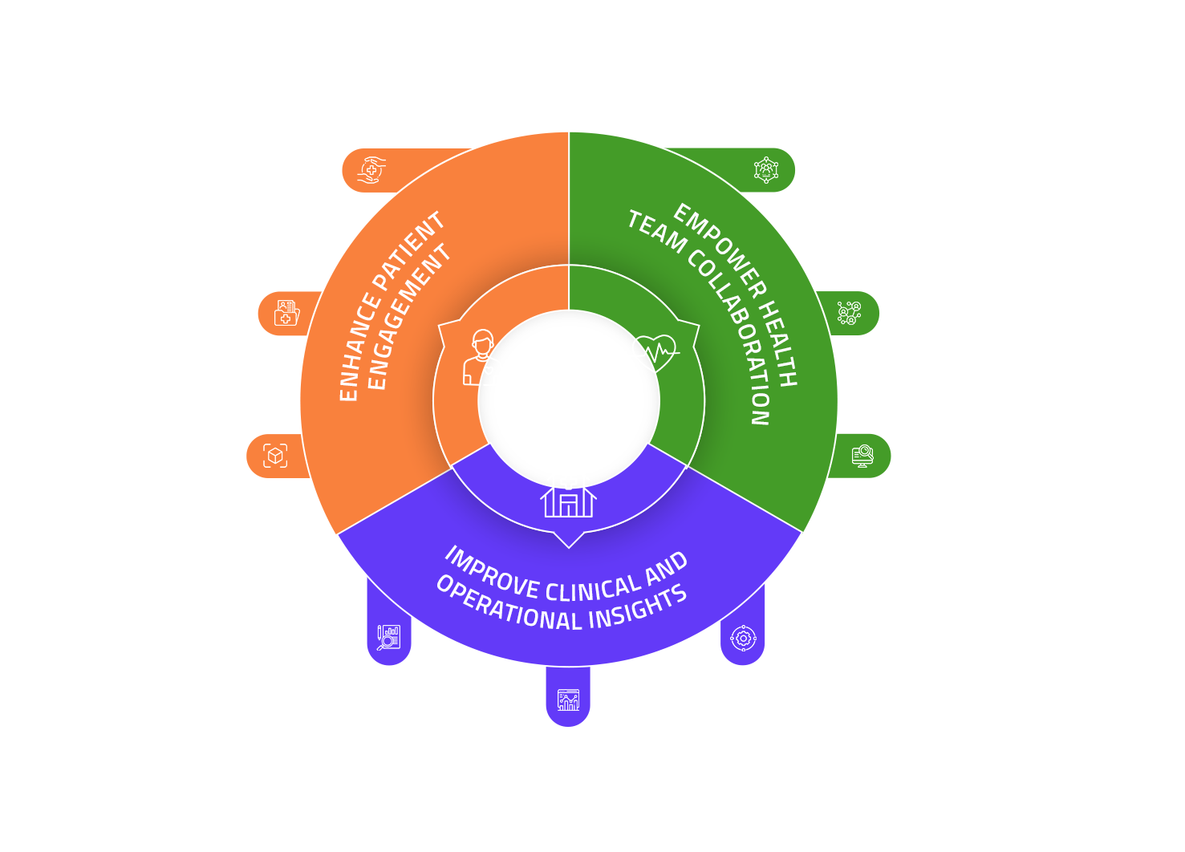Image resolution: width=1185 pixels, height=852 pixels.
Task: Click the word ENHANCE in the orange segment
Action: [356, 347]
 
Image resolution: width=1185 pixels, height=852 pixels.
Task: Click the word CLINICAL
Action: [593, 590]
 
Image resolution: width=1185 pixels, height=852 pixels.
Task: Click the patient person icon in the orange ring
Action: [481, 358]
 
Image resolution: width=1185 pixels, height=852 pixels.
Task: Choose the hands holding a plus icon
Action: [371, 170]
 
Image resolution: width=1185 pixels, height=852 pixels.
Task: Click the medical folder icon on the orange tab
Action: [286, 313]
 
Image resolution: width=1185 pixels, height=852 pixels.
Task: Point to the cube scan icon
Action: [275, 456]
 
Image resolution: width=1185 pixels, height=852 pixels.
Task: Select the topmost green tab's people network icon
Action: [766, 170]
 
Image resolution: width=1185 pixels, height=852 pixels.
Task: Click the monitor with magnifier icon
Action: [862, 456]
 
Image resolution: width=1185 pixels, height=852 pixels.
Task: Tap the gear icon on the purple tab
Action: [743, 639]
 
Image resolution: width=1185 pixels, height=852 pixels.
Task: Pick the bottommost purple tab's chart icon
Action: [568, 700]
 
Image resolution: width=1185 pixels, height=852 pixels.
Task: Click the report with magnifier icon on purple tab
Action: [389, 638]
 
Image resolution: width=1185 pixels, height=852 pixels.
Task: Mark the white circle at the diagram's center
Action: [569, 400]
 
